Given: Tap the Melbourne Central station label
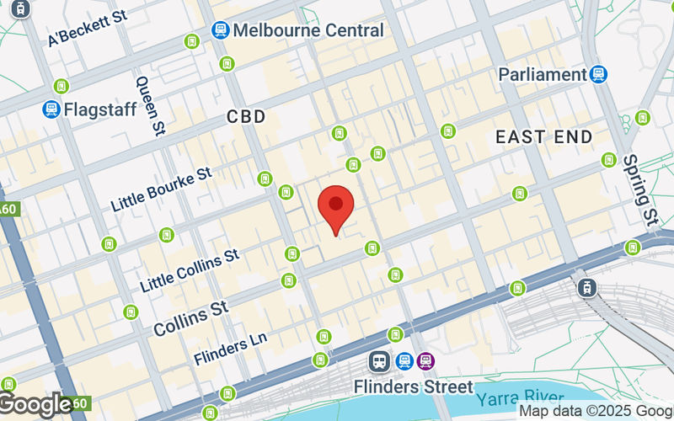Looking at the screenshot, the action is click(308, 30).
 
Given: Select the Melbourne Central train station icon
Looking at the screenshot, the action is click(221, 30).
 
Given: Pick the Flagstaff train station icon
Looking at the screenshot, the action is click(51, 109).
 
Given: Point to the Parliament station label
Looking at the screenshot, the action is click(542, 74).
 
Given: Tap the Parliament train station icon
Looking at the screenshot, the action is click(599, 74).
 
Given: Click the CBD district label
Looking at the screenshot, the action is click(246, 117).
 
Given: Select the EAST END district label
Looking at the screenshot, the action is click(543, 136).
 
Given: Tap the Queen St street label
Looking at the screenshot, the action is click(151, 104).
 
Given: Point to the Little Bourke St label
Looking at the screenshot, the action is click(161, 189).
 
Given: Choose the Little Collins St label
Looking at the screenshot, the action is click(190, 265).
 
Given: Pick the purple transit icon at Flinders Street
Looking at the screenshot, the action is click(426, 360).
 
